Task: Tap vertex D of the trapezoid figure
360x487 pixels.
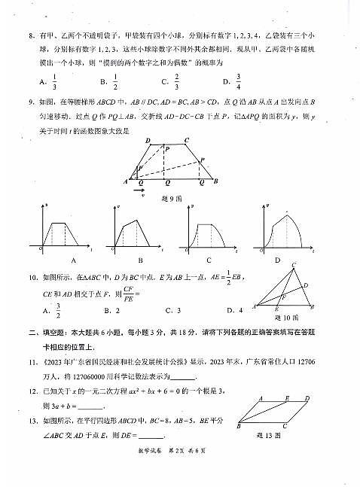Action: [x=148, y=140]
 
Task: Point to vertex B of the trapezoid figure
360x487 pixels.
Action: [x=216, y=181]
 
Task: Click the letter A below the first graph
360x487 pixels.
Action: [x=73, y=260]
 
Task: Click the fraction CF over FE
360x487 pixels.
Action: [x=128, y=292]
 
